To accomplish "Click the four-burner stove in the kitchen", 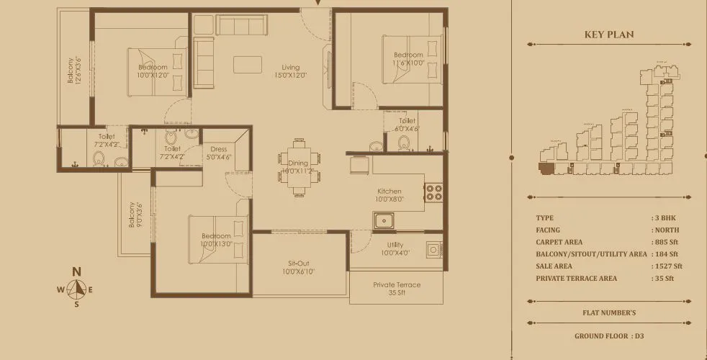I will (x=433, y=192).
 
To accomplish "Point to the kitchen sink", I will (x=383, y=220).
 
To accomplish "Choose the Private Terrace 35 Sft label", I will (x=397, y=289).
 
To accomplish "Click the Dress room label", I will (x=218, y=153).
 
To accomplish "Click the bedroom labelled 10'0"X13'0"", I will (x=215, y=240).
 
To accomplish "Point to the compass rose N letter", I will (x=76, y=271).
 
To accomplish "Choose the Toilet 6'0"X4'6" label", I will (x=407, y=125).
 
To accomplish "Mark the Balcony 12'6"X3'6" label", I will (x=74, y=71).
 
